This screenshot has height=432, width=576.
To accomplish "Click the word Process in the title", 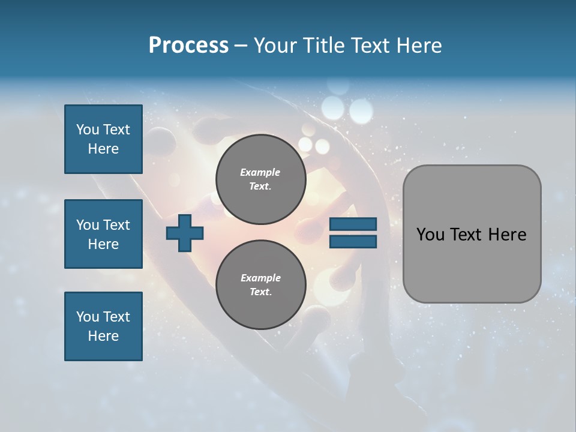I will [x=188, y=46].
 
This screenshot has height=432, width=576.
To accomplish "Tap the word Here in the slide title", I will [x=418, y=46].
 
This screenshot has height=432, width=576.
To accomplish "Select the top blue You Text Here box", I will [x=103, y=139].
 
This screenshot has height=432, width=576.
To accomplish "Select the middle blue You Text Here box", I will [x=103, y=234].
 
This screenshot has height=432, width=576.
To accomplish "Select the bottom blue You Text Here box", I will [x=103, y=326].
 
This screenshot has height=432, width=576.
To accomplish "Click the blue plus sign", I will [x=185, y=233].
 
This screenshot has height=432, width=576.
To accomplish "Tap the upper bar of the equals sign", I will [x=353, y=224].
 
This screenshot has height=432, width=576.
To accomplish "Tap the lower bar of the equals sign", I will [x=353, y=242].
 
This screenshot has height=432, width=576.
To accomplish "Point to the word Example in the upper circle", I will [x=260, y=172].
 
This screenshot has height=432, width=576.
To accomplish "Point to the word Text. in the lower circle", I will [x=260, y=292].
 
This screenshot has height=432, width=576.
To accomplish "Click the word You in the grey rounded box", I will [x=430, y=235].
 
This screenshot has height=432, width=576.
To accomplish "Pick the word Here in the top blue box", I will [x=103, y=149].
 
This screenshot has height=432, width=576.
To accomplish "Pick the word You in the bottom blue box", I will [x=88, y=317].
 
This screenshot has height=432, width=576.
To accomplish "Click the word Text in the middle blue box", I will [x=116, y=225].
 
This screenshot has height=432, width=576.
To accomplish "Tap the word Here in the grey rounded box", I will [x=507, y=235].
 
